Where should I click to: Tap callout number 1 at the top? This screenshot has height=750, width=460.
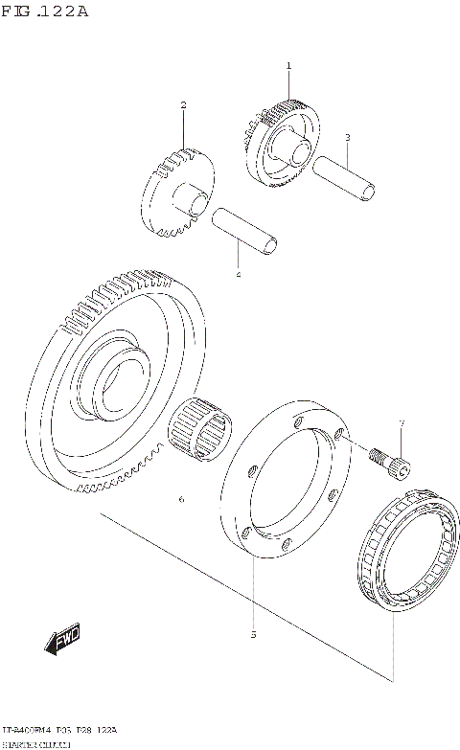coord(287,65)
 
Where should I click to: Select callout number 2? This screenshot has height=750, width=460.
coord(183,104)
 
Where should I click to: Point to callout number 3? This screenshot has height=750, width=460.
coord(347,137)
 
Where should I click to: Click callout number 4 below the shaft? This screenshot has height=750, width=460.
coord(239,275)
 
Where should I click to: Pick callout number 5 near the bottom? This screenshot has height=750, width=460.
coord(253,634)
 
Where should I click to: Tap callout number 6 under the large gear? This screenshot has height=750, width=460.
coord(180,500)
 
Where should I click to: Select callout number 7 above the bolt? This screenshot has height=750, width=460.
coord(402,423)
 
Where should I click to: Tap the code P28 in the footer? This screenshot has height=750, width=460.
coord(85,730)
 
